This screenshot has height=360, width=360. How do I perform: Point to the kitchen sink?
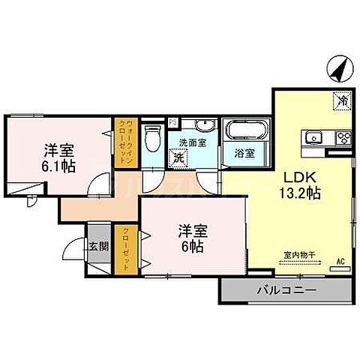pos(313,136)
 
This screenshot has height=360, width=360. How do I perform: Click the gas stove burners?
pos(344,136)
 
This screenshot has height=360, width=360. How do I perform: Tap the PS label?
pos(172,121)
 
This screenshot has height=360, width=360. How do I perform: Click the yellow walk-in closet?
pos(123,142)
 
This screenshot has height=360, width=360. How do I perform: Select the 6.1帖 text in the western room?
pos(58,166)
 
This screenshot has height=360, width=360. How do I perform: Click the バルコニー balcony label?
pos(284,289)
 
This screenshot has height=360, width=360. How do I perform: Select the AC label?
pos(340,261)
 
